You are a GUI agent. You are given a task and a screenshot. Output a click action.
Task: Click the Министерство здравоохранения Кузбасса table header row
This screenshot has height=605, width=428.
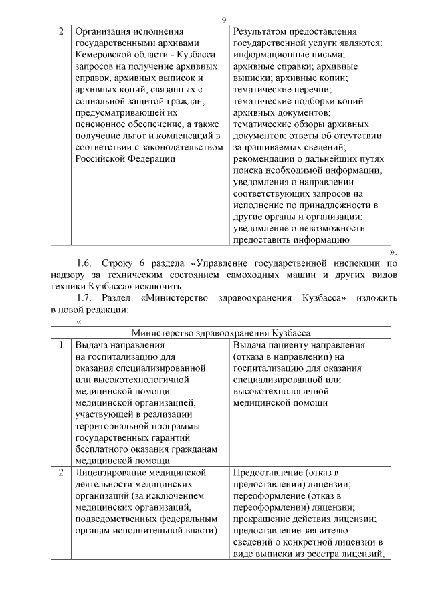click(x=224, y=333)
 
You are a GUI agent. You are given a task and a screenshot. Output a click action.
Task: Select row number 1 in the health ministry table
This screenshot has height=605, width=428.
click(x=61, y=345)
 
